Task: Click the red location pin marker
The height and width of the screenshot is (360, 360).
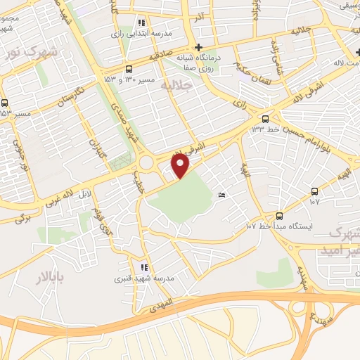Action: coord(181,165)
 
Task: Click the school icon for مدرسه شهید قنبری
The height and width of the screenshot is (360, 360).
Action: coord(145,267)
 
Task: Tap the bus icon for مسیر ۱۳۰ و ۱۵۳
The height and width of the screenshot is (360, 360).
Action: coord(128,69)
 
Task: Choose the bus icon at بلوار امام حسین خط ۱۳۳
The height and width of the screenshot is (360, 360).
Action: coord(265,119)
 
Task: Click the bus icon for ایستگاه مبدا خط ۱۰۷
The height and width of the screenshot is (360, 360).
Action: coord(279,216)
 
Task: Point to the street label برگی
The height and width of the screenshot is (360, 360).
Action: coord(25,219)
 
